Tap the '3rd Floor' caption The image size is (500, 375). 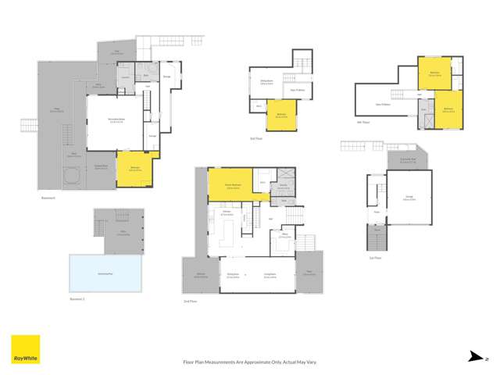point(255,139)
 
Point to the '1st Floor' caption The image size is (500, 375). point(377,258)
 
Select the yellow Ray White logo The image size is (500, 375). point(25,350)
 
